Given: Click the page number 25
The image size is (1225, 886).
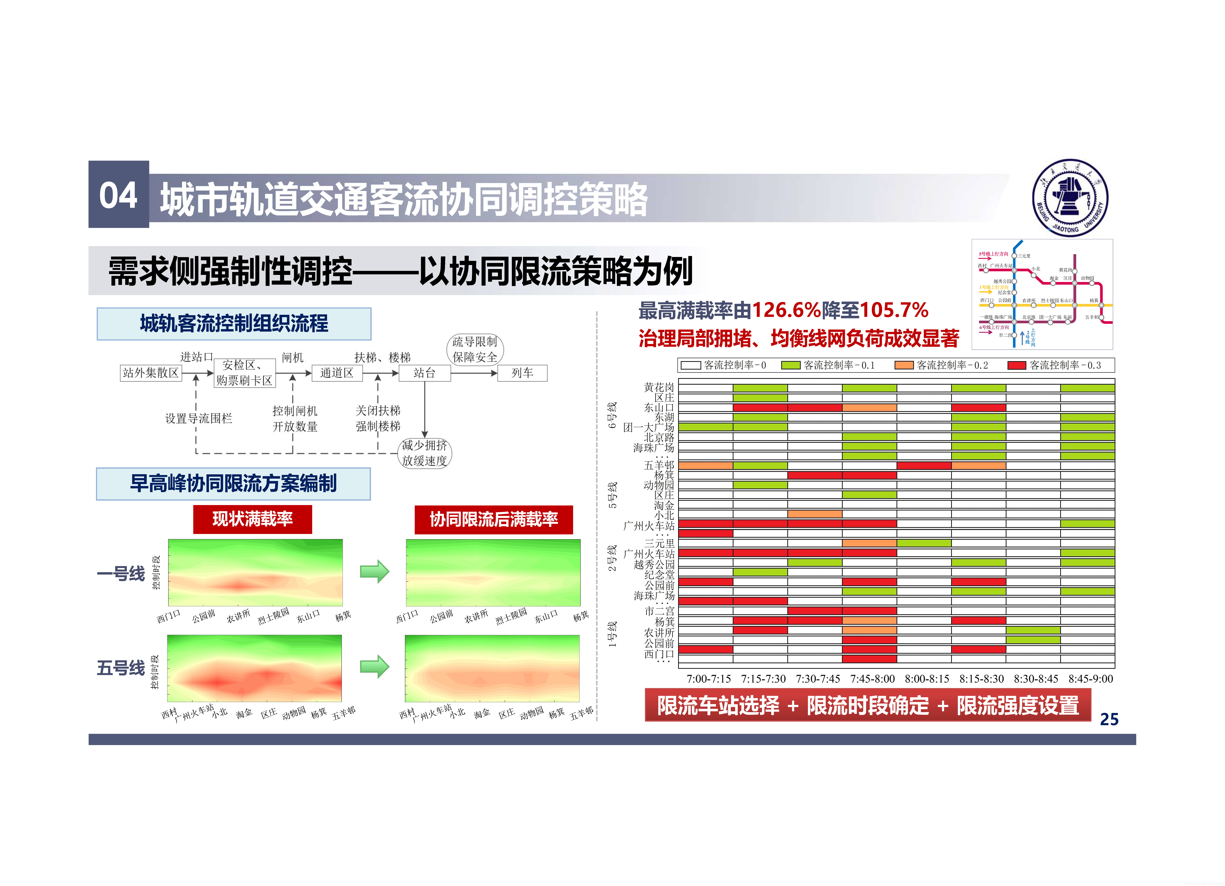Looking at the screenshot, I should click(1109, 719).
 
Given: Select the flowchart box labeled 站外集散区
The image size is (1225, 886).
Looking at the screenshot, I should click(151, 373).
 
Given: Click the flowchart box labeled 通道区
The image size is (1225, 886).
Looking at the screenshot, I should click(337, 373).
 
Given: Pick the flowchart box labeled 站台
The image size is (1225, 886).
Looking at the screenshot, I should click(425, 373).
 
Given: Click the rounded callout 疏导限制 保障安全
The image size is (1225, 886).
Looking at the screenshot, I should click(475, 350).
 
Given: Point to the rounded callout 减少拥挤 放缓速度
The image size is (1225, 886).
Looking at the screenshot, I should click(425, 453).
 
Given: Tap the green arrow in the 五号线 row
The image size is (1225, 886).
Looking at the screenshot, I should click(374, 667).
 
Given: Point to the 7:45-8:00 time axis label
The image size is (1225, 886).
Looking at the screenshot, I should click(872, 679).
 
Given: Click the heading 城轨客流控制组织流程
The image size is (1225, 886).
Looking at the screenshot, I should click(234, 324).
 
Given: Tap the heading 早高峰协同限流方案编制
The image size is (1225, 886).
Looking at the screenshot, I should click(233, 484).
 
